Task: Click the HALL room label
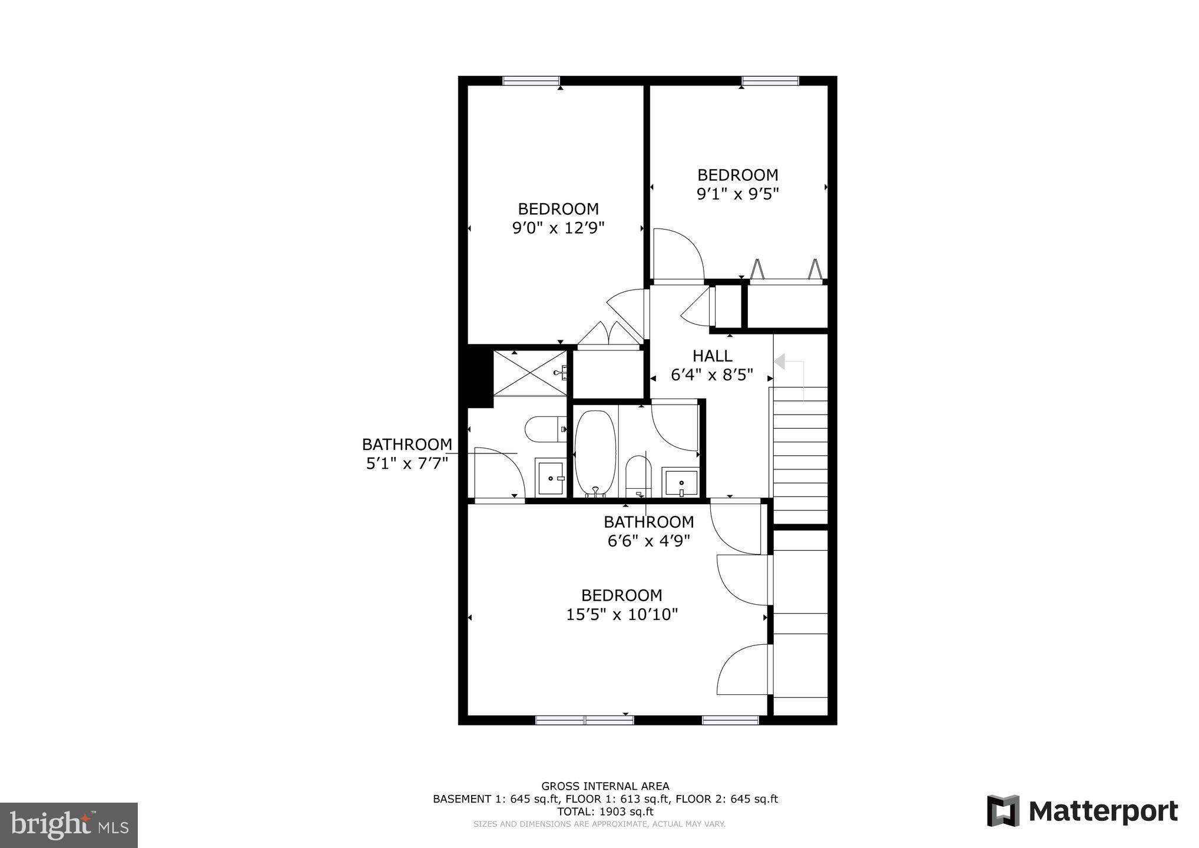coord(712,356)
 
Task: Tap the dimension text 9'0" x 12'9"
coord(558,228)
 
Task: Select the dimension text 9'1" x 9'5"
coord(737,194)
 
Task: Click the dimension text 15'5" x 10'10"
coord(622,615)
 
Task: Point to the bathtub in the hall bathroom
coord(595,452)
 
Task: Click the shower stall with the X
coord(529,373)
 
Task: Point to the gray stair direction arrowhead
coord(779,362)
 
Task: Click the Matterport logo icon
coord(1003,811)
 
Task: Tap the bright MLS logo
coord(69,825)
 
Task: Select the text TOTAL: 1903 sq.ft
coord(605,811)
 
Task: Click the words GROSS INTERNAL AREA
coord(605,786)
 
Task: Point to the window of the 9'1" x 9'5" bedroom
coord(770,81)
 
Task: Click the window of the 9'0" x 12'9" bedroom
coord(531,81)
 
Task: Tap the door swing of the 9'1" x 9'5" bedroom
coord(677,254)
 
